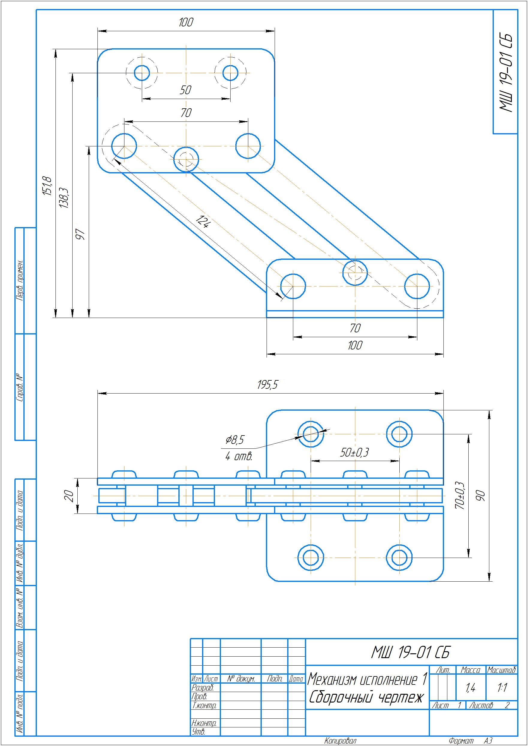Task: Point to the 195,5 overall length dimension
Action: [x=268, y=385]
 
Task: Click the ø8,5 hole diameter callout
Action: [x=235, y=440]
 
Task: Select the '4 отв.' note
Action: [x=239, y=457]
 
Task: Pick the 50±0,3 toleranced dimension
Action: [x=355, y=452]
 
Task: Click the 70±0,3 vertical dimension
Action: [x=460, y=495]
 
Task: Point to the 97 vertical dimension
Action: [x=80, y=234]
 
